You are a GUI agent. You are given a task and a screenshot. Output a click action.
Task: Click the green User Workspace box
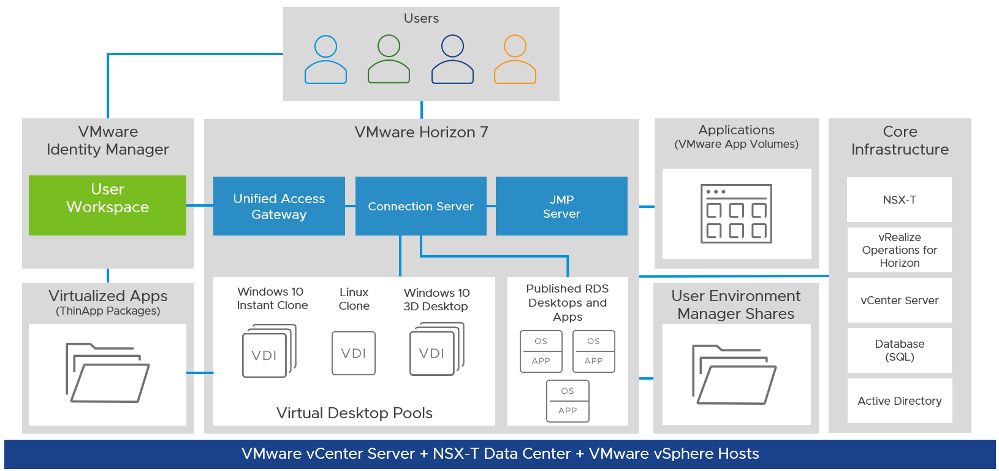tap(107, 205)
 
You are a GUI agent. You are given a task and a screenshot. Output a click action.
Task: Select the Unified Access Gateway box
tap(279, 206)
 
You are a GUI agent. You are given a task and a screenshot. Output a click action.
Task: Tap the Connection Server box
tap(421, 206)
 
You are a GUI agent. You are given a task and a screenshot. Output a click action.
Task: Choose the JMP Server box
tap(561, 206)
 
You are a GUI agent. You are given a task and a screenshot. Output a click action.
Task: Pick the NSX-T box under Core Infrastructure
tap(899, 200)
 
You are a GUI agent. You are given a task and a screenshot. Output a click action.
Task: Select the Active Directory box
tap(899, 401)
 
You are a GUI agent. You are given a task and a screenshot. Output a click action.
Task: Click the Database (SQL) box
tap(899, 350)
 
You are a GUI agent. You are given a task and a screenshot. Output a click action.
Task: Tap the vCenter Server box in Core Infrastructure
tap(899, 301)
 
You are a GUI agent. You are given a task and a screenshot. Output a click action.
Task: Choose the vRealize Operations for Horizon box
tap(899, 250)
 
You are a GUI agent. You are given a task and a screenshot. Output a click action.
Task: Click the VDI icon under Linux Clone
tap(354, 353)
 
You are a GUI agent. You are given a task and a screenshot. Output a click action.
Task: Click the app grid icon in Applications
tap(736, 213)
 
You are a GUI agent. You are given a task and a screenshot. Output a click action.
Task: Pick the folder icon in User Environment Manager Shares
tap(734, 375)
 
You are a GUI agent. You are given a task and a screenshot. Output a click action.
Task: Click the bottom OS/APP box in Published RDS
tap(568, 401)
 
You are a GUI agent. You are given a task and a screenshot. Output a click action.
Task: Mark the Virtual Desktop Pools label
tap(354, 413)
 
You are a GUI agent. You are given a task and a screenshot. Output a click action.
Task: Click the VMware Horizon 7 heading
tap(421, 132)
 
